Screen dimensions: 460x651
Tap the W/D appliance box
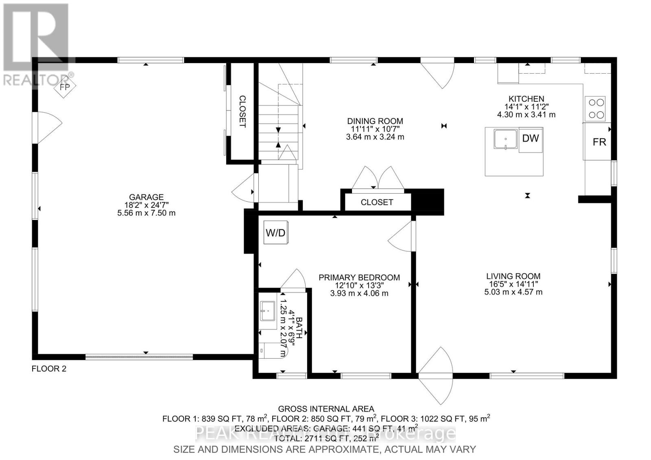275,233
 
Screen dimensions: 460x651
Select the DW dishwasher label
531,138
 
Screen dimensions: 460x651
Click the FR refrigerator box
599,142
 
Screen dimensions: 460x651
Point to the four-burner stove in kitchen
595,109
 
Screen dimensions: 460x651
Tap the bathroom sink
268,311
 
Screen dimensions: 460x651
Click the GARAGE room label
146,197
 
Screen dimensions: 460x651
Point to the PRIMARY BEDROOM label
359,277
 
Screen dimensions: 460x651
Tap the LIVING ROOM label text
513,276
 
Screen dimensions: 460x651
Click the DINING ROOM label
375,121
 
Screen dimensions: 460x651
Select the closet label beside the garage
242,111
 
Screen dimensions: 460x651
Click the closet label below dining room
377,202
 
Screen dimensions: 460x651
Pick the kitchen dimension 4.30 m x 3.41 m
526,115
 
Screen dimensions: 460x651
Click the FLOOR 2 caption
49,369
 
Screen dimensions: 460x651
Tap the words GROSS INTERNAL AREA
325,409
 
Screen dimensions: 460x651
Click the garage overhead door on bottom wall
139,357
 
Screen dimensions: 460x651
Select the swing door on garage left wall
45,127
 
